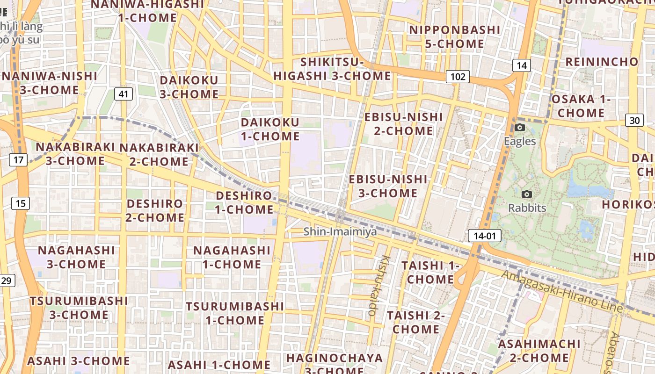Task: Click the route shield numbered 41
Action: click(123, 94)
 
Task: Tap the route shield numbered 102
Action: click(457, 76)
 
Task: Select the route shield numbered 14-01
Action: click(484, 236)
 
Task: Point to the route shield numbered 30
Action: click(634, 120)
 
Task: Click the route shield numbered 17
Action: click(18, 160)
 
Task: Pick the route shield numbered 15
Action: click(21, 203)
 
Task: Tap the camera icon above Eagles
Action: click(519, 128)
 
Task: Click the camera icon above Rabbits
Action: click(527, 194)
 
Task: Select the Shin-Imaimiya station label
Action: click(340, 231)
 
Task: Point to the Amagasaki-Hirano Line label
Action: click(561, 291)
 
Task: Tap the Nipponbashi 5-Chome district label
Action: click(455, 37)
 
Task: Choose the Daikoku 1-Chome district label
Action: click(270, 129)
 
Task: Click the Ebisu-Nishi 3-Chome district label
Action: click(388, 186)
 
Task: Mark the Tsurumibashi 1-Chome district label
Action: click(235, 313)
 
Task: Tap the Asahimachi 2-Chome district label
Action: click(539, 351)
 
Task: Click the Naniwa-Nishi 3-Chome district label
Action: click(50, 83)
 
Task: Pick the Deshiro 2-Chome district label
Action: click(155, 210)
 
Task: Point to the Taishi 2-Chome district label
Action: click(415, 322)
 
